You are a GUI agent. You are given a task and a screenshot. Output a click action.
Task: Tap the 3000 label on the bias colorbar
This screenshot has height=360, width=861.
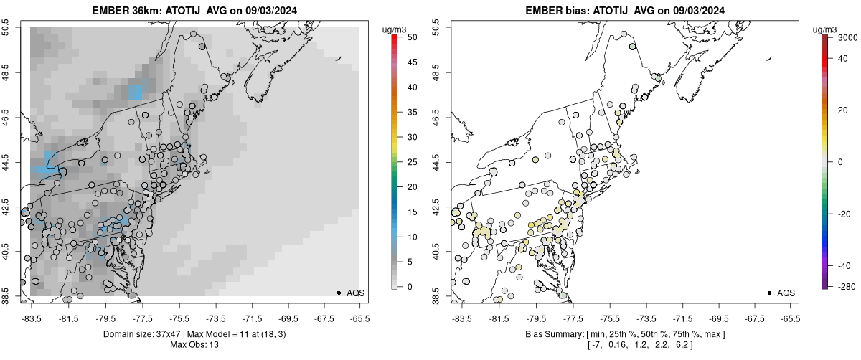839,37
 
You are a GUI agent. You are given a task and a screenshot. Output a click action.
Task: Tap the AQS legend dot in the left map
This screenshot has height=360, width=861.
339,293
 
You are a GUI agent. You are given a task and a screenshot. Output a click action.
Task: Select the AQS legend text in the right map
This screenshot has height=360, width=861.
786,293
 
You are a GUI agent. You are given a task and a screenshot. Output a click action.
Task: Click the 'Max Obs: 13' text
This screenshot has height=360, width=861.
195,345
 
